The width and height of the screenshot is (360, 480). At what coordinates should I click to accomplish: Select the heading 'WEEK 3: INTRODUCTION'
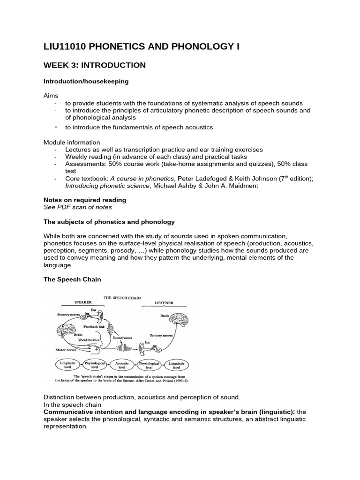(95, 65)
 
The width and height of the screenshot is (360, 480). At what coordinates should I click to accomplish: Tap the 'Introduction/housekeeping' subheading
(86, 81)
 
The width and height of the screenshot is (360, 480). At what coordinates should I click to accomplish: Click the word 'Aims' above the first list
(51, 95)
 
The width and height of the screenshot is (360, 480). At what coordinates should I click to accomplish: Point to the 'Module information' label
(72, 142)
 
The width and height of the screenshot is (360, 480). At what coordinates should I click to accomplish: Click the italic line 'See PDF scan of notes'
(78, 207)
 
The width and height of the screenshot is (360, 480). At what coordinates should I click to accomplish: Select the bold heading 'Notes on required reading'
(85, 200)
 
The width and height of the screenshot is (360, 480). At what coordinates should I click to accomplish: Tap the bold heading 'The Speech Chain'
(72, 279)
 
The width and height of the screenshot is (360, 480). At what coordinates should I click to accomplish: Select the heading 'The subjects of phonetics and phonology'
(109, 222)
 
